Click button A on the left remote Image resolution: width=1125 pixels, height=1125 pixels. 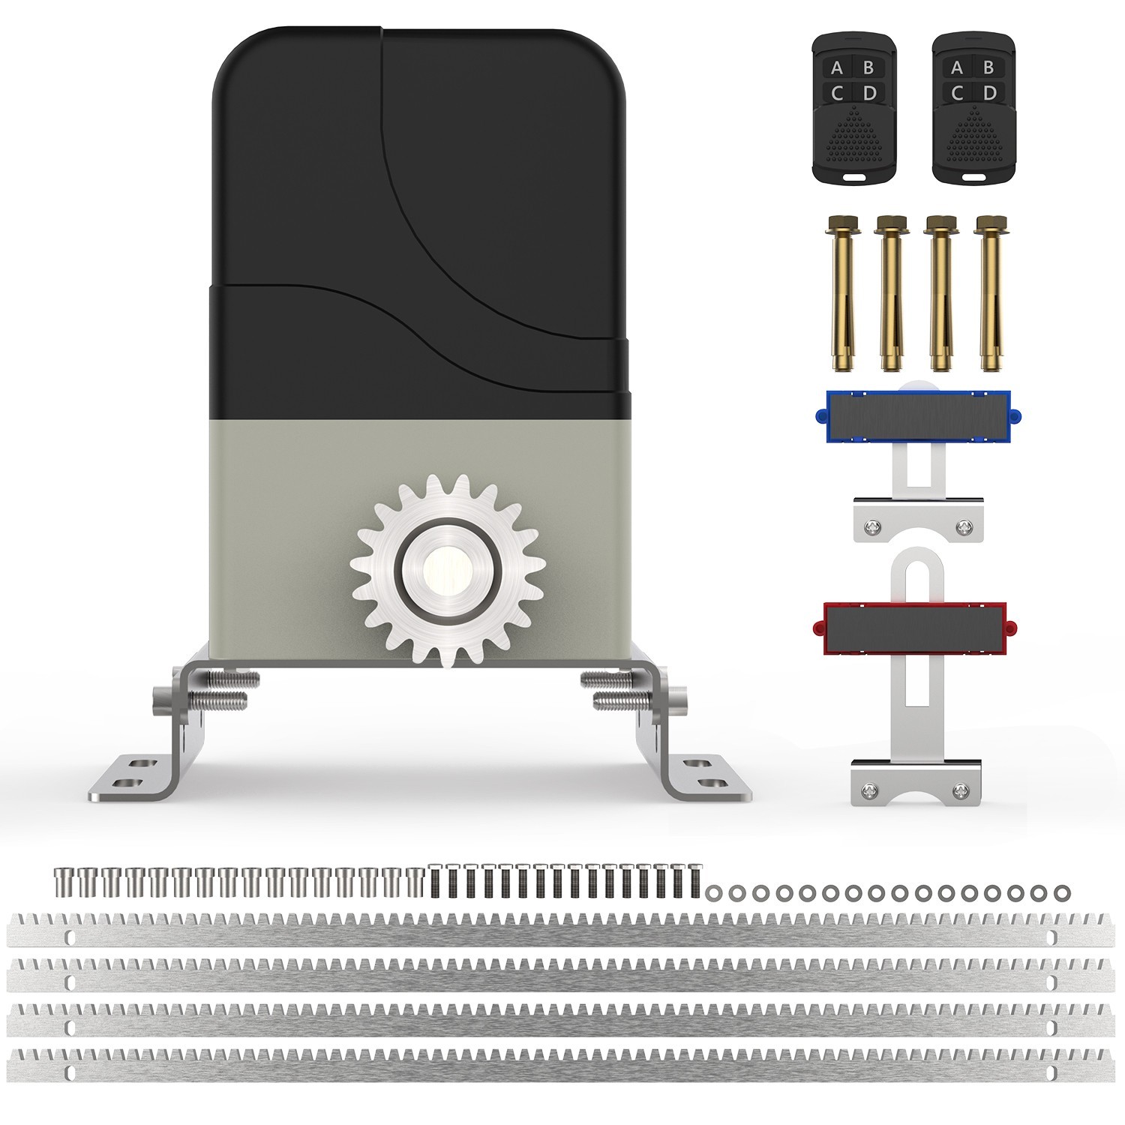pos(837,68)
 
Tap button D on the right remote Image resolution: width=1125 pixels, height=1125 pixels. pos(989,93)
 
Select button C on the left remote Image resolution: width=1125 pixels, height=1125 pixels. pos(837,93)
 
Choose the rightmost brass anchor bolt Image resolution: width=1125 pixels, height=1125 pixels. pos(990,292)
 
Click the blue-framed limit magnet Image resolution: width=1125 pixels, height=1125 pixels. pos(917,416)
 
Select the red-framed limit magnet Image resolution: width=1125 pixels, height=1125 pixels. pos(917,628)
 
